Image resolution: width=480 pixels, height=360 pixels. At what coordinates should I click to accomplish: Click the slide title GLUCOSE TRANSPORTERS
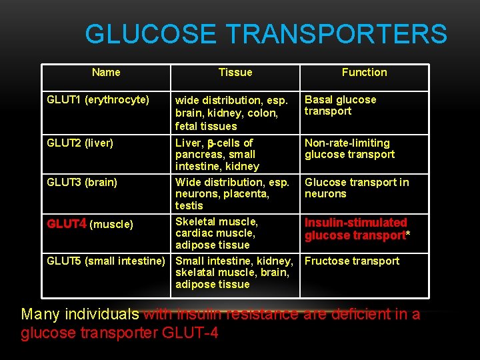266,34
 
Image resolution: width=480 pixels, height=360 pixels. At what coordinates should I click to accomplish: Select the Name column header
106,72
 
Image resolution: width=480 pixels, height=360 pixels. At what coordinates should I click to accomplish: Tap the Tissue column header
235,72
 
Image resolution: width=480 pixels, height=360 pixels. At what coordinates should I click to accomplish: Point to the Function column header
364,72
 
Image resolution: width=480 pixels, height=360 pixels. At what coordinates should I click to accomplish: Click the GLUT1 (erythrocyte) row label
98,100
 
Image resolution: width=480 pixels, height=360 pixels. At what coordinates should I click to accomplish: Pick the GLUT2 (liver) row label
80,143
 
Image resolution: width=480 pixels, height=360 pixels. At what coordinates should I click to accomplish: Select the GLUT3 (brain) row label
82,182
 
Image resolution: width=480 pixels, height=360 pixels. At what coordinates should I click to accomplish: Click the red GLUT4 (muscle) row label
90,224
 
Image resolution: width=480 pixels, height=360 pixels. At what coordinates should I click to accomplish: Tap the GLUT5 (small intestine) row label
105,261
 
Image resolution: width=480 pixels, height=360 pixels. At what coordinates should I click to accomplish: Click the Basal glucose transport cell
340,105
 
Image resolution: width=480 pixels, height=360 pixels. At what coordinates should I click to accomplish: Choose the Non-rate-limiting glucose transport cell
349,149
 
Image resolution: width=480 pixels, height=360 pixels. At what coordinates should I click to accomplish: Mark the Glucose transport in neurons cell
357,188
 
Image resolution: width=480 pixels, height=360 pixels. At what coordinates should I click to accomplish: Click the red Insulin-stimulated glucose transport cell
357,229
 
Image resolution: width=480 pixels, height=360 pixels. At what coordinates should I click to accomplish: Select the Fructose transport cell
352,261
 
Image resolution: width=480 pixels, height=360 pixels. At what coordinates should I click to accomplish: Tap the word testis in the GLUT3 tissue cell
189,205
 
